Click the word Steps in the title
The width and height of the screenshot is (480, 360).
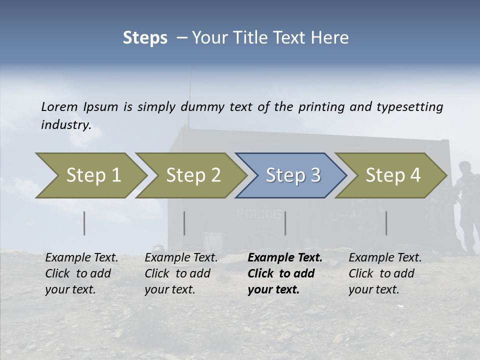coord(145,38)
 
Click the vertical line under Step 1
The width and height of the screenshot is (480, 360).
coord(84,223)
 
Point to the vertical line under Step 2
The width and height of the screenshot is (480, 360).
coord(184,223)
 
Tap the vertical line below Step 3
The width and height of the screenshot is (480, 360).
coord(285,223)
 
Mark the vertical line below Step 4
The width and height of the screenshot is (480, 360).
coord(386,223)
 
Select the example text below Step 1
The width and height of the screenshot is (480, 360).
coord(81,273)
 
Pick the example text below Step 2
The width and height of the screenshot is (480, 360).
coord(181,273)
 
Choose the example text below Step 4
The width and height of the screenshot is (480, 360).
coord(385,273)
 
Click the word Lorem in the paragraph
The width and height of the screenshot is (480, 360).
coord(59,106)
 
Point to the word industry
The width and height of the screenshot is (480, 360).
coord(65,125)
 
